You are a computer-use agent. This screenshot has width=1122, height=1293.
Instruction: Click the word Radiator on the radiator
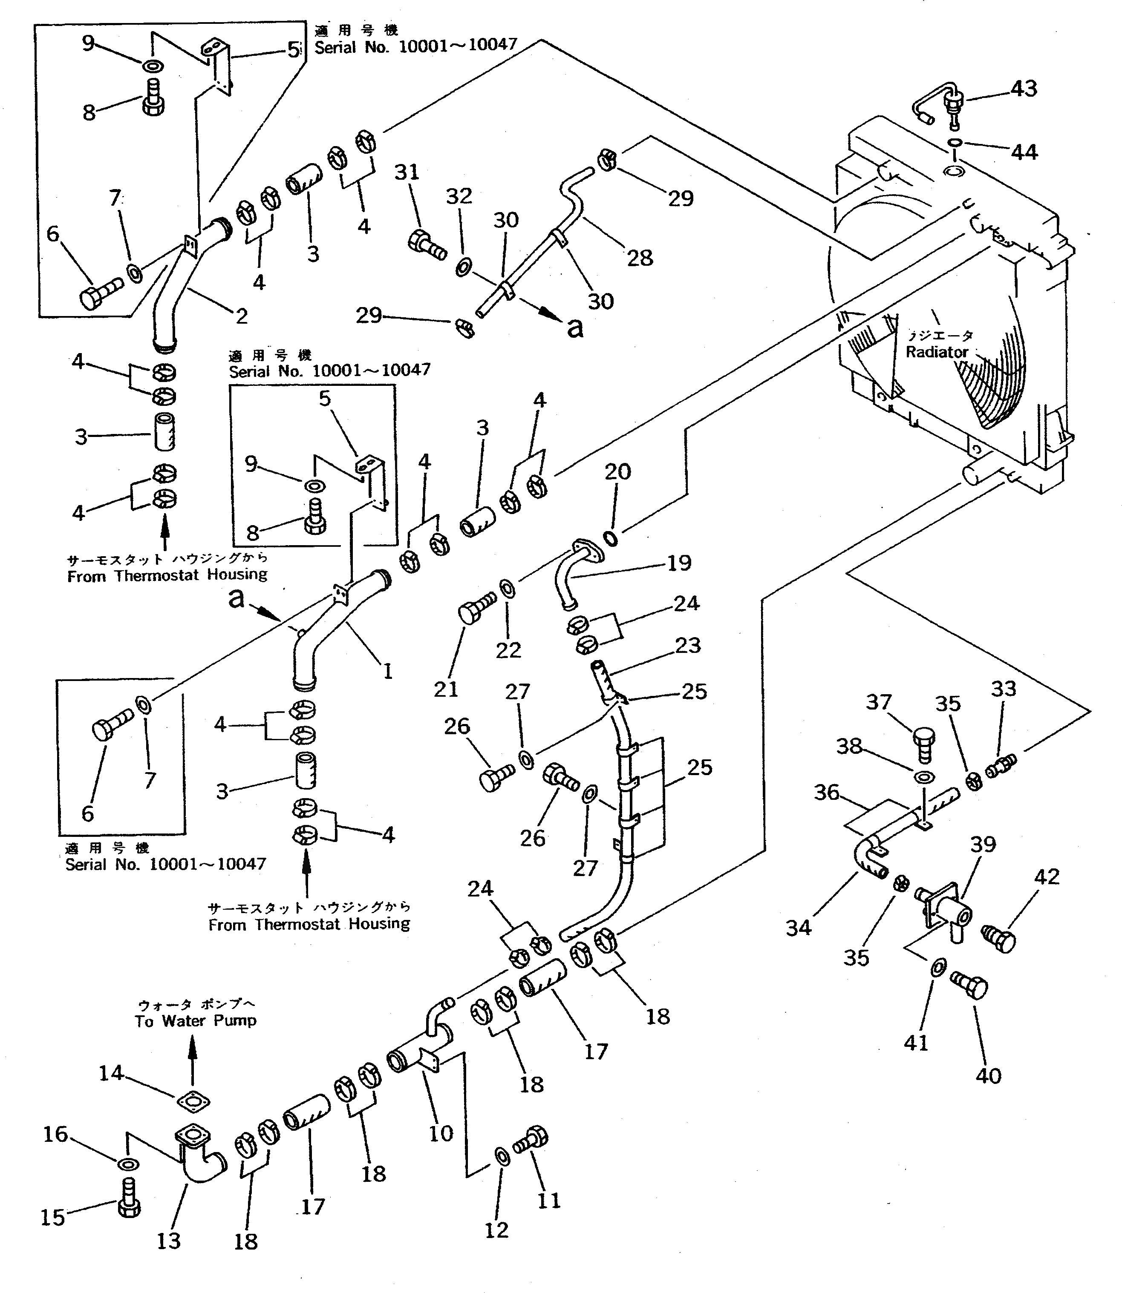click(x=937, y=352)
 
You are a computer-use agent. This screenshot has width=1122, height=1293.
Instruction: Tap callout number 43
click(x=1024, y=89)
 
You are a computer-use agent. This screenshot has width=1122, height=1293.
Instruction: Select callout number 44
click(x=1024, y=152)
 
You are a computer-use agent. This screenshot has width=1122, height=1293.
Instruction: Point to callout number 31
click(x=407, y=172)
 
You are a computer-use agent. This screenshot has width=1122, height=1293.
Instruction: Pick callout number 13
click(x=168, y=1241)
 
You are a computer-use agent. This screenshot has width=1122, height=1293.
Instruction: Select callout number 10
click(x=441, y=1133)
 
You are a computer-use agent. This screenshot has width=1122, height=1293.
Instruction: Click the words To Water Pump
click(x=195, y=1021)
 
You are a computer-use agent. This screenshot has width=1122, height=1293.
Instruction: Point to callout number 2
click(x=242, y=316)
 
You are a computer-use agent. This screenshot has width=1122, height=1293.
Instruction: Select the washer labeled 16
click(x=128, y=1164)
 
